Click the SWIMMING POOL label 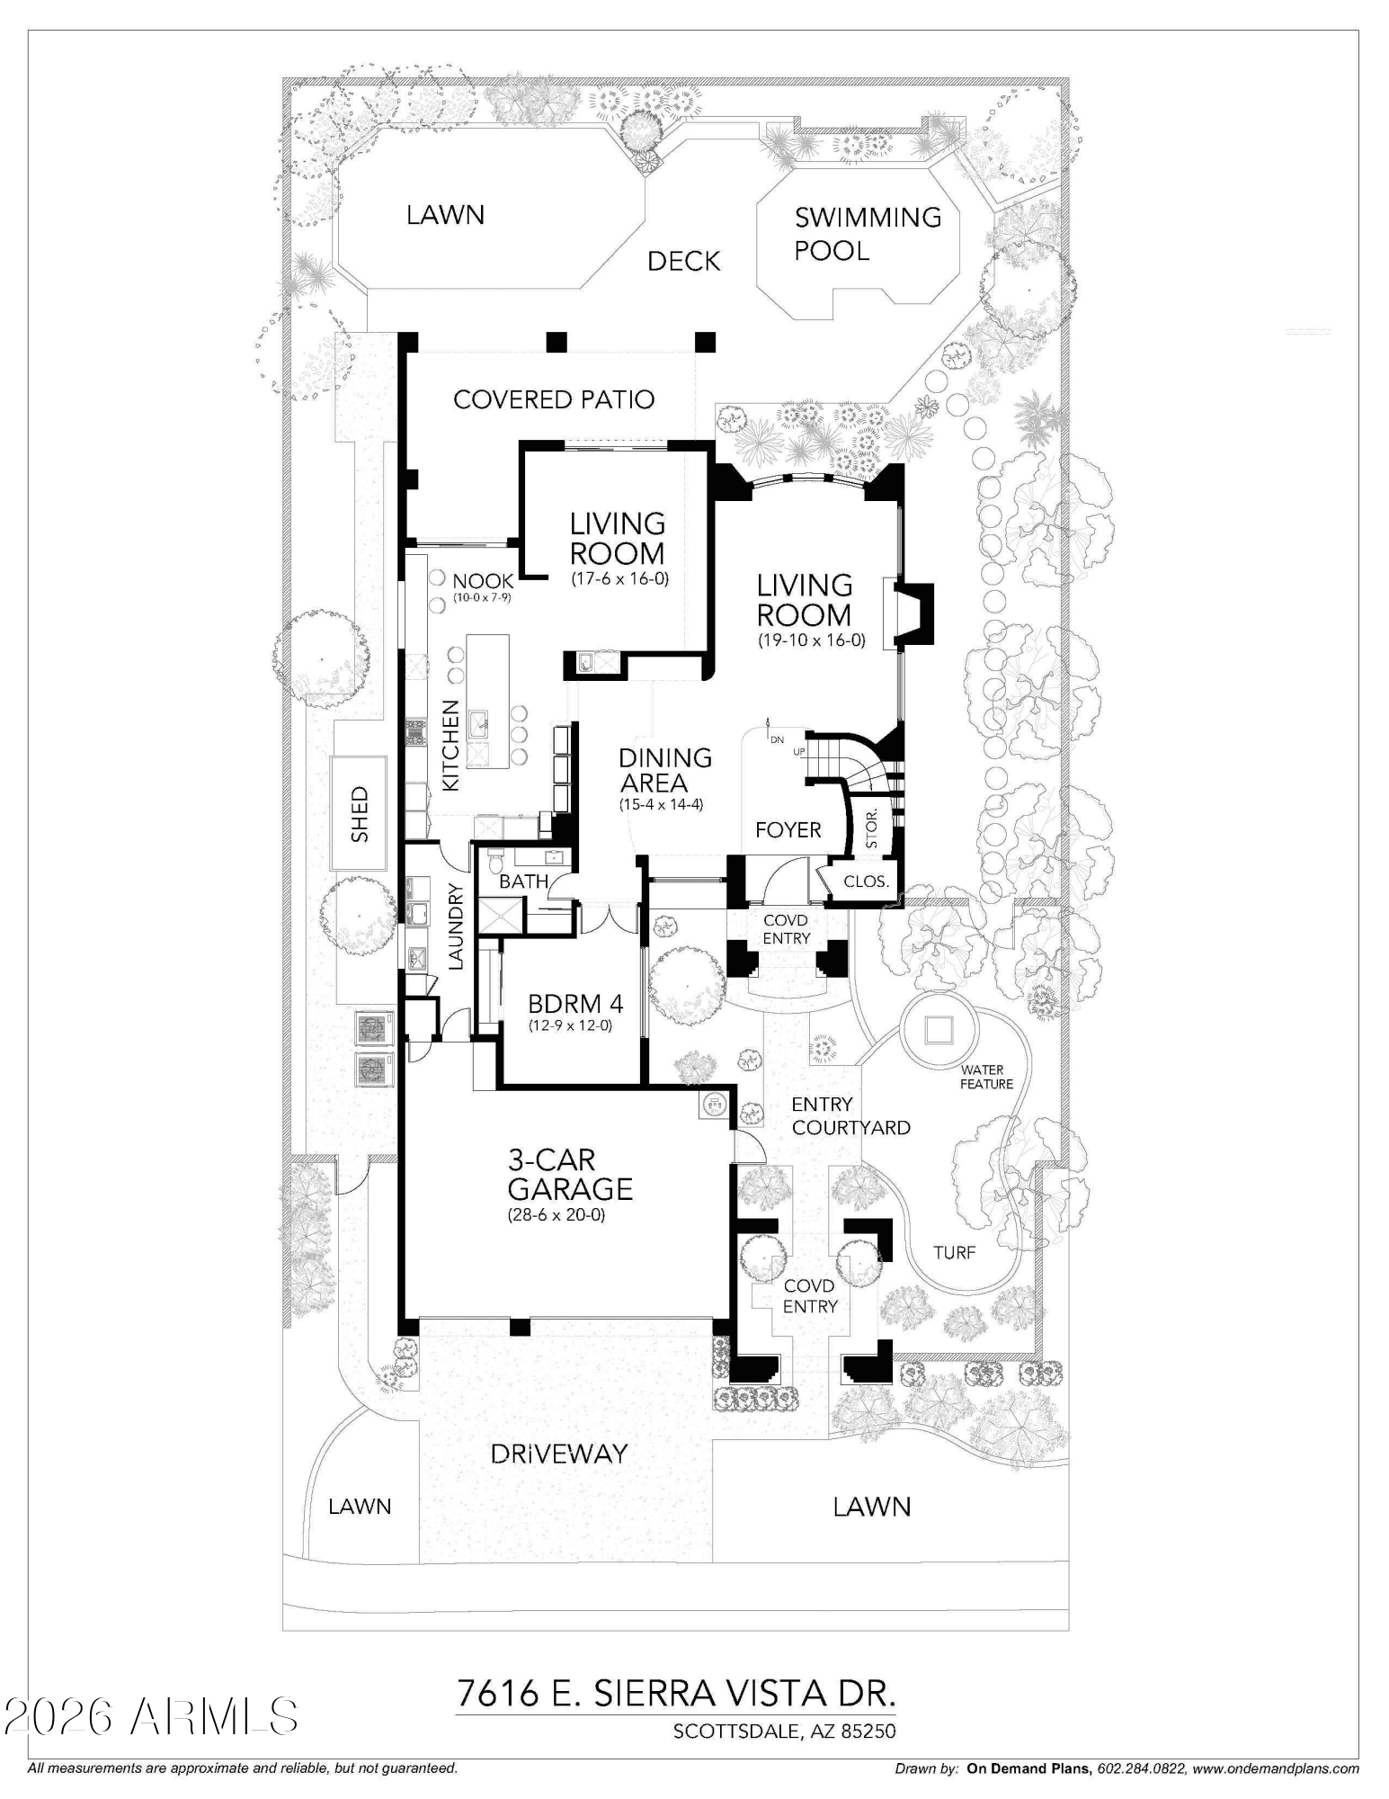click(x=867, y=233)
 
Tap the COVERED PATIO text click(x=553, y=399)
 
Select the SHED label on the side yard click(x=360, y=814)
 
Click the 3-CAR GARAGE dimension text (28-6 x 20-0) click(x=556, y=1215)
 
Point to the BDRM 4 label click(x=575, y=1003)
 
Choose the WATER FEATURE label click(x=986, y=1077)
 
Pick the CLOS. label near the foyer click(x=866, y=882)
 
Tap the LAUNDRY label click(x=455, y=926)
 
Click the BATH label click(x=523, y=882)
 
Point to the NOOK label click(x=483, y=581)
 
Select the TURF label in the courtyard click(x=954, y=1252)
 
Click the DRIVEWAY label click(x=558, y=1454)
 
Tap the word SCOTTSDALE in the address click(x=734, y=1731)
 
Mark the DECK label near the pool click(x=684, y=262)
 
